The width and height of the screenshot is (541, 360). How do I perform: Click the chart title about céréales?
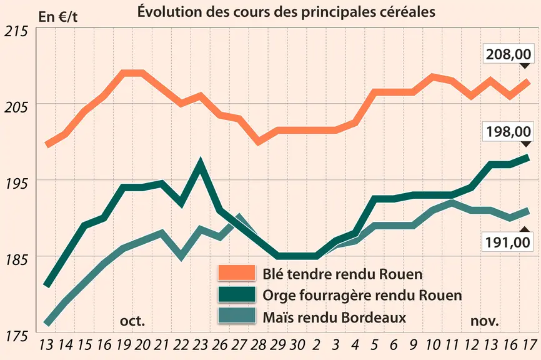[286, 12]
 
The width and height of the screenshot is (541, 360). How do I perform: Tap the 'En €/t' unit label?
[58, 17]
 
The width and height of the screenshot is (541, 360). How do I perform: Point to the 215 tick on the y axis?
[16, 31]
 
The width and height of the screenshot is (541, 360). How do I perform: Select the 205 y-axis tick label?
[16, 107]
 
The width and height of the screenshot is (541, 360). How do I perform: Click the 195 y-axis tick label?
[16, 184]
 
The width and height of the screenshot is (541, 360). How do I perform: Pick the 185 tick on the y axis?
[16, 259]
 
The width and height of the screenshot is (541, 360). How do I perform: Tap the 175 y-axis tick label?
[16, 336]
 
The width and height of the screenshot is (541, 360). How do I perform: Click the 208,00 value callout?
[509, 54]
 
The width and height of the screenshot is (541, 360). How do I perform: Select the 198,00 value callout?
[509, 131]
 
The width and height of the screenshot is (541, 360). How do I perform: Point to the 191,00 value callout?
[508, 242]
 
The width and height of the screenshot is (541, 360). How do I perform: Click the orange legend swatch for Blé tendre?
[237, 272]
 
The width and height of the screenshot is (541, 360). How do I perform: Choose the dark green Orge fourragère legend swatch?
[237, 294]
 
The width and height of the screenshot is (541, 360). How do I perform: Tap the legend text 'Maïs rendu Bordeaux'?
[334, 317]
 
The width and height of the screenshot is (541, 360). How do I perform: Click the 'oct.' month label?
[132, 321]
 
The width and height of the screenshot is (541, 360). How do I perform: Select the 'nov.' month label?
[485, 321]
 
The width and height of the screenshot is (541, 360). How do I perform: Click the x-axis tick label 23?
[201, 344]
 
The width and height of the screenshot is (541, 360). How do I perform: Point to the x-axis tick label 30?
[297, 344]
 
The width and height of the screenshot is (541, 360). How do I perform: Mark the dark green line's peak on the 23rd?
[200, 160]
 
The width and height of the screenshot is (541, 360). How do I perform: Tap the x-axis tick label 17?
[529, 344]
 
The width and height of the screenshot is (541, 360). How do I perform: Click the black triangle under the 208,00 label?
[525, 66]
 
